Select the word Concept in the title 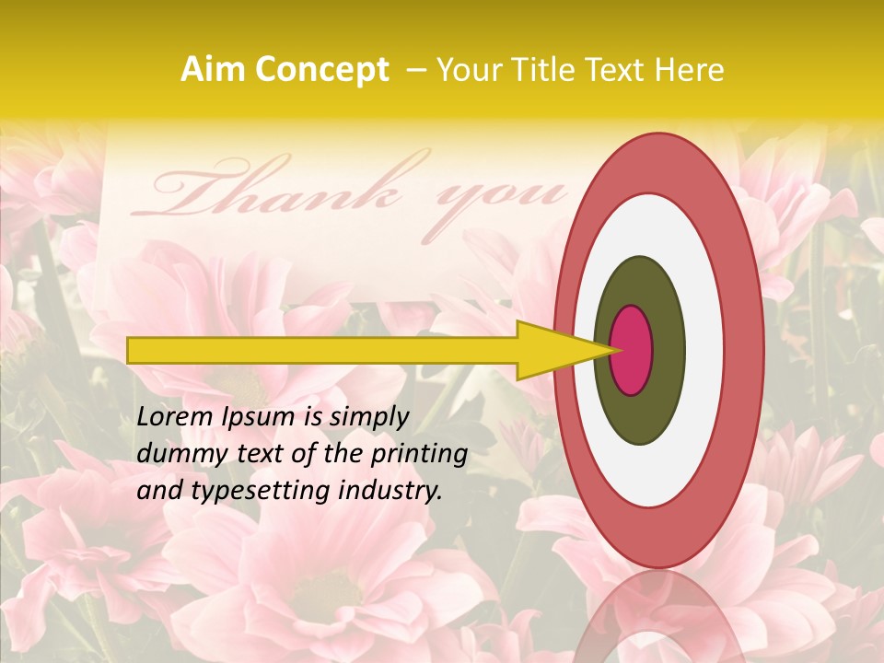point(322,70)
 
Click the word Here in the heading point(690,70)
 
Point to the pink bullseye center point(632,350)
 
